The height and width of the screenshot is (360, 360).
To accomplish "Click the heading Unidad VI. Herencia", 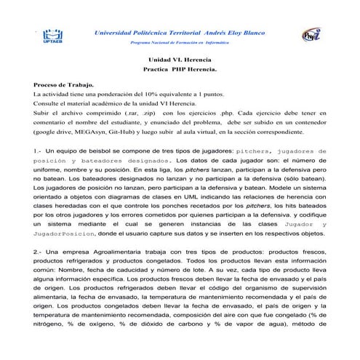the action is [180, 61].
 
